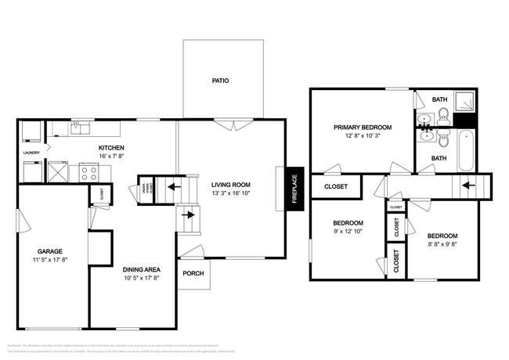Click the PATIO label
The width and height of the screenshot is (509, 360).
click(x=220, y=80)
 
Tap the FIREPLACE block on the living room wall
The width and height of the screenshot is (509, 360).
click(x=295, y=188)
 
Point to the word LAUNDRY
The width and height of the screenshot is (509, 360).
click(x=31, y=153)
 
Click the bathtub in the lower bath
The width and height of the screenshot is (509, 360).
click(x=465, y=150)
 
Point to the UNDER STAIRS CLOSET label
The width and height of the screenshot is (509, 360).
click(x=146, y=188)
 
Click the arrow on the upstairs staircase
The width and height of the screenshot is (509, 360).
click(x=468, y=185)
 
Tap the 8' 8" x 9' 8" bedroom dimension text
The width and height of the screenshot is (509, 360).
click(x=442, y=243)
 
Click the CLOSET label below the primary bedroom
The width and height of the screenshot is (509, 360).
click(x=335, y=186)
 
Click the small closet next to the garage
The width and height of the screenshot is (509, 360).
click(x=99, y=194)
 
